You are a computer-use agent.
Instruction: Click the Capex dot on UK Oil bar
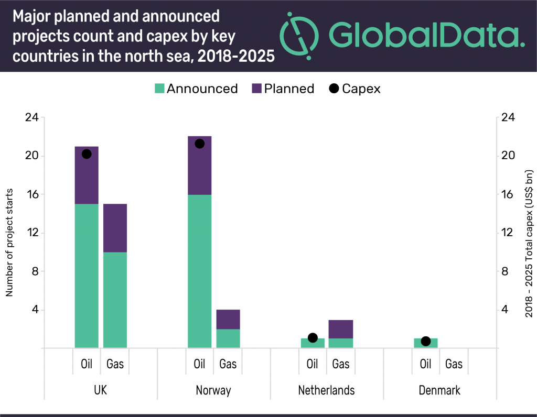(x=87, y=153)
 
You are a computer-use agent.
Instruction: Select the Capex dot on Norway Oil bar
(x=199, y=144)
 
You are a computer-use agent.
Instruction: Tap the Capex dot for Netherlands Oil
(x=313, y=338)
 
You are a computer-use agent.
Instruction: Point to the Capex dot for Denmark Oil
(x=426, y=341)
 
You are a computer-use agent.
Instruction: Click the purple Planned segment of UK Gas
(x=115, y=228)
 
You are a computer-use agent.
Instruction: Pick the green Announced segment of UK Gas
(x=115, y=300)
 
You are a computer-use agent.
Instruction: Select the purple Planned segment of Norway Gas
(x=228, y=319)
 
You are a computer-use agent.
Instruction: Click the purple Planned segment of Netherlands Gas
(x=341, y=329)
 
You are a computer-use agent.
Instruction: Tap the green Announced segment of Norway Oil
(x=199, y=271)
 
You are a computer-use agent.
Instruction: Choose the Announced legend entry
(x=196, y=89)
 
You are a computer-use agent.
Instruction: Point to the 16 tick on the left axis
(x=31, y=194)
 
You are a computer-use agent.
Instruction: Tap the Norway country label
(x=213, y=391)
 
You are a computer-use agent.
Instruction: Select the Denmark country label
(x=439, y=391)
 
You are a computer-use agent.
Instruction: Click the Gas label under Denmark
(x=454, y=364)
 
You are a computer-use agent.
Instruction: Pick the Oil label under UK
(x=87, y=364)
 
